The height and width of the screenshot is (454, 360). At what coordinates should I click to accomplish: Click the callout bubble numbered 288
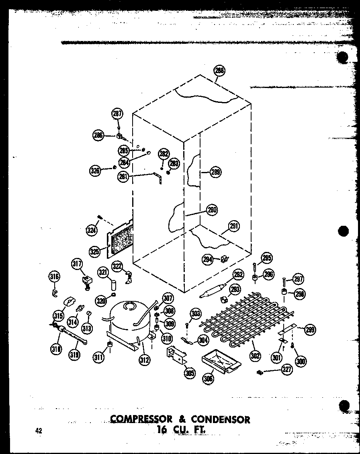point(219,71)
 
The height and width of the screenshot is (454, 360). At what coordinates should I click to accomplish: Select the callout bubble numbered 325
point(95,252)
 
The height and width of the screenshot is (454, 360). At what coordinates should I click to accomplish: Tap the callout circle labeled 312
point(145,360)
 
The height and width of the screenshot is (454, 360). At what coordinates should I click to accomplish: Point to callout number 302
point(255,355)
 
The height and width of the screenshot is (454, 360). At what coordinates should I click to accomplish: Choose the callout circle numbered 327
point(287,370)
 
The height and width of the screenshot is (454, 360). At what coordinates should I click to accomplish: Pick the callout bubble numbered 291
point(234,226)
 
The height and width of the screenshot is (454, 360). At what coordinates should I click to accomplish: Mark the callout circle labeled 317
point(77,264)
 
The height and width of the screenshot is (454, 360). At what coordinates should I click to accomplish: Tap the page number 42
point(39,431)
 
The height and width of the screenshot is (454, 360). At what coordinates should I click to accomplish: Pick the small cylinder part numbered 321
point(113,285)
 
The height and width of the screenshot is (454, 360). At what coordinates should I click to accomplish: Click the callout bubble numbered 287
point(117,114)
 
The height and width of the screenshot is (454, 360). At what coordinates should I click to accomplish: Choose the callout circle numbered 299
point(310,329)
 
